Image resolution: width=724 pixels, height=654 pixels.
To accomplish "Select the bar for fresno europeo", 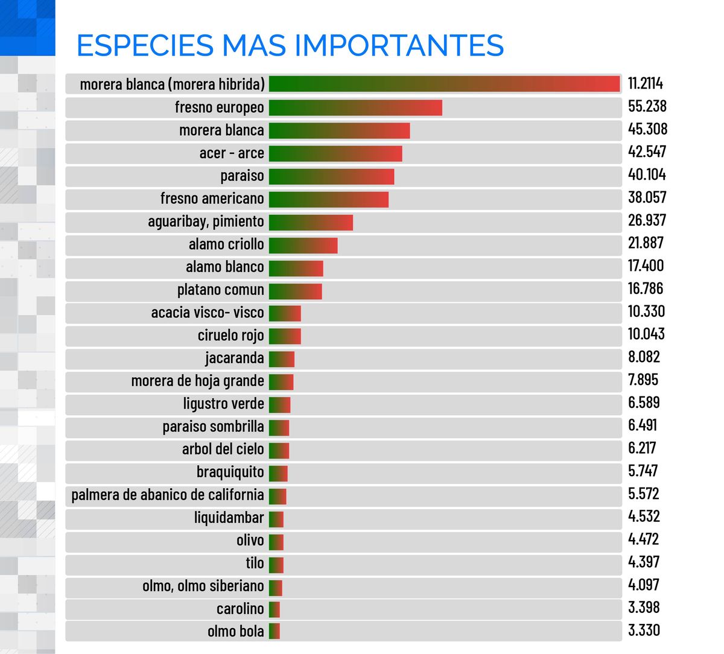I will coord(355,107).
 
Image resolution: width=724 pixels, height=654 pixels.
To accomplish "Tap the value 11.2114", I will coord(645,83).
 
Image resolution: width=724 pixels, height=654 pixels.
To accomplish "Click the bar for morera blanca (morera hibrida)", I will coord(444,84).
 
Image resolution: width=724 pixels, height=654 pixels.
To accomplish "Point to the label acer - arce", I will coord(232,153).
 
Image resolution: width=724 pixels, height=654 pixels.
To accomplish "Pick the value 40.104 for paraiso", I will coord(647,175).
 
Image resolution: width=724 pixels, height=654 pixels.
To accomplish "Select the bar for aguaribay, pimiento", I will coord(311,222).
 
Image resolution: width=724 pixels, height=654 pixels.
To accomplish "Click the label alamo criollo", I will coord(226,244).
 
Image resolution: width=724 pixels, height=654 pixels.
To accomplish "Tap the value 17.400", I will coord(646,266).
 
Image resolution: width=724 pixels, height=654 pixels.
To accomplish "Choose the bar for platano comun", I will coord(296,291).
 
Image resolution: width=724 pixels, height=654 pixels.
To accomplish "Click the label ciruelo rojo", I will coord(230,335).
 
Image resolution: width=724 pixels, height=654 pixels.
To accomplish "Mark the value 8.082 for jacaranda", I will coord(644,357).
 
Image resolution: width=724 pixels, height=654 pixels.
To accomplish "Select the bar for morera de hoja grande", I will coord(281,381).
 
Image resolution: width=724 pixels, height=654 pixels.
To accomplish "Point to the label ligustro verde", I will coord(223,404).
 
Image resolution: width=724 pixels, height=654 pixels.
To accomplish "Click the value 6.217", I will coord(642,448).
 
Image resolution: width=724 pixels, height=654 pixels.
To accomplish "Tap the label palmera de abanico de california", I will coord(168,495).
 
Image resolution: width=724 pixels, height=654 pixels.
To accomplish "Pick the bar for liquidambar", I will coord(276,518).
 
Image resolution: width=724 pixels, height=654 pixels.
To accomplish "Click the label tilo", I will coord(255,564).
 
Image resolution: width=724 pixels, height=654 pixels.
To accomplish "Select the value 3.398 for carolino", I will coord(644,608).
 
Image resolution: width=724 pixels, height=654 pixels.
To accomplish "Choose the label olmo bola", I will coord(235,632).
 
